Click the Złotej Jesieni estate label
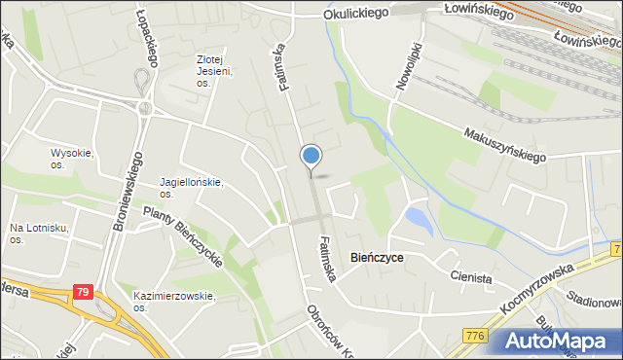(x=214, y=64)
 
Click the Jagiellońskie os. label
(x=192, y=187)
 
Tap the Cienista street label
(x=471, y=277)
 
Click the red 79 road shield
(x=85, y=290)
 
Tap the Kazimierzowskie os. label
(x=173, y=301)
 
